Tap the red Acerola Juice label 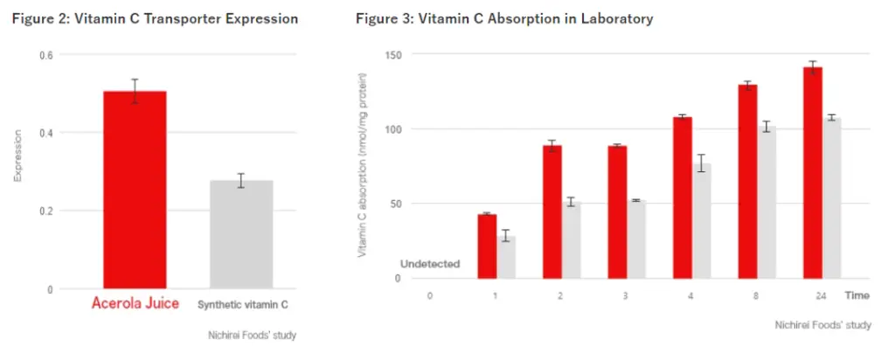[135, 304]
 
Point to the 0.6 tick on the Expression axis [46, 55]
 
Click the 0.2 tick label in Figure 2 [46, 211]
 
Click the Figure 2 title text [155, 18]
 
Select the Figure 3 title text [504, 18]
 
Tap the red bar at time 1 [487, 246]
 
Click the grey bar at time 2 [572, 240]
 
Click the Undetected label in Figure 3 [430, 264]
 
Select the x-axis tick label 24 [821, 295]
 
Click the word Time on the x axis [857, 295]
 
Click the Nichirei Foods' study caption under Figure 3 [822, 325]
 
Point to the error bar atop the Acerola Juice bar [135, 91]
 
